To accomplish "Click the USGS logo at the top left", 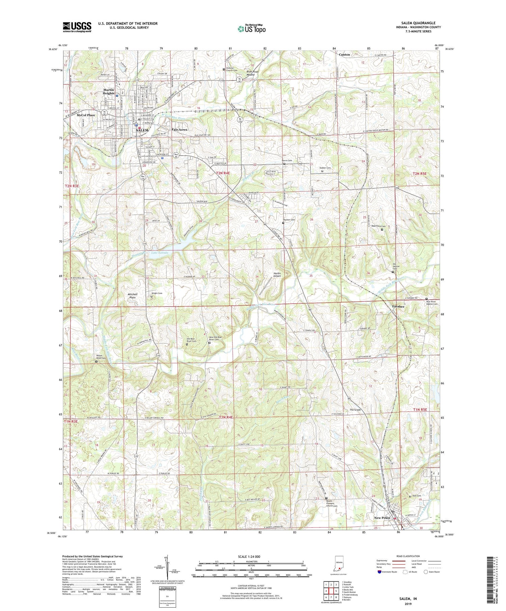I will coord(77,27).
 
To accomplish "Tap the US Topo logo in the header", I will coord(251,29).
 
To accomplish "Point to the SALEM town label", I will coord(142,130).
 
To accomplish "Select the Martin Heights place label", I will coord(109,91).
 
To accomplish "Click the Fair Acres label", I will coord(179,129).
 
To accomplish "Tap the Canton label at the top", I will coord(344,54).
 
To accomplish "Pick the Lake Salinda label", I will coord(159,252).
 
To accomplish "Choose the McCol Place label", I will coord(86,115).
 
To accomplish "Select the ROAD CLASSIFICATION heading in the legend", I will coord(408,556).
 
